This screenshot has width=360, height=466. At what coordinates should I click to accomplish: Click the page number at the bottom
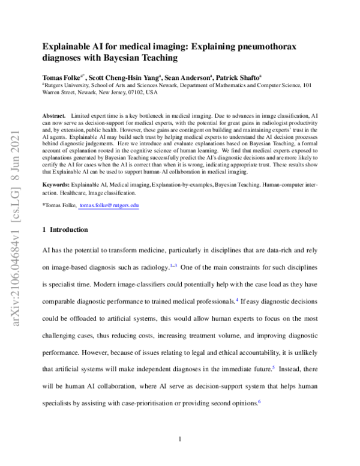(180, 439)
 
